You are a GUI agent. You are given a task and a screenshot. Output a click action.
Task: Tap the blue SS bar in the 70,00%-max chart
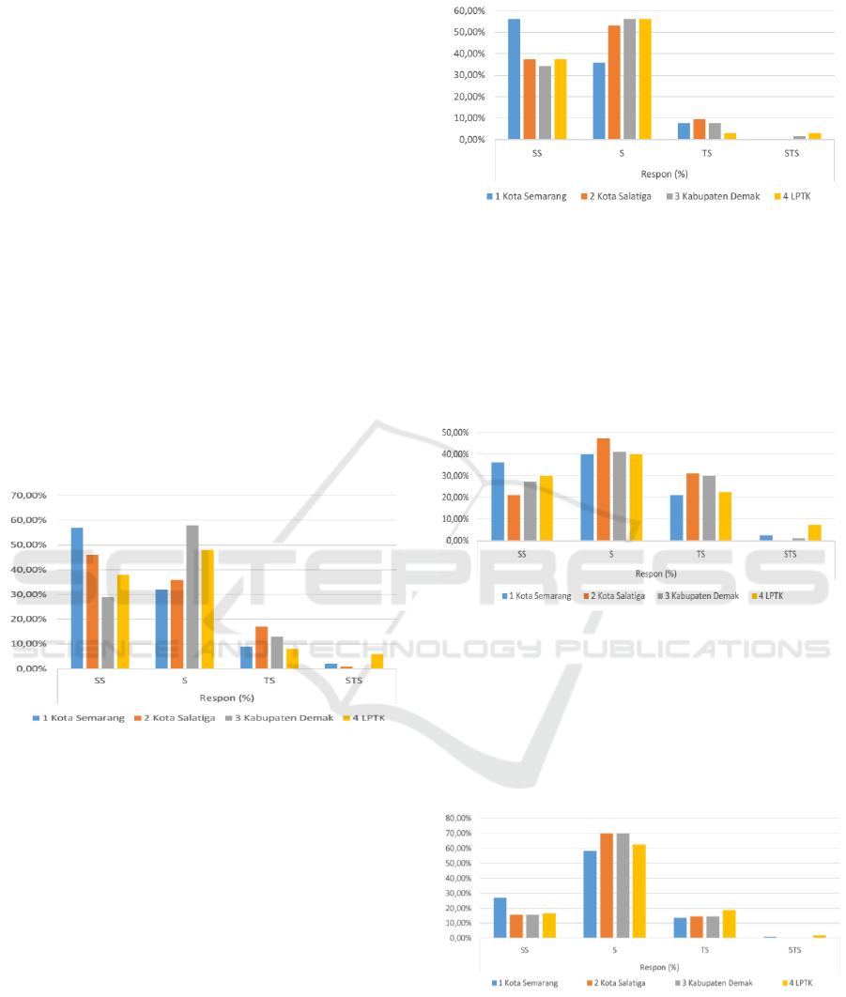[x=77, y=598]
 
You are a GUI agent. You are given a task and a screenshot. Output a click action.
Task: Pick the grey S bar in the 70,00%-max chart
[x=192, y=596]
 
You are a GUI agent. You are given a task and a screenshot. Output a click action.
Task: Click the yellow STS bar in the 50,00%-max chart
[x=814, y=532]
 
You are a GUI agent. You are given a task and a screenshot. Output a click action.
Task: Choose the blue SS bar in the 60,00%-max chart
[x=514, y=79]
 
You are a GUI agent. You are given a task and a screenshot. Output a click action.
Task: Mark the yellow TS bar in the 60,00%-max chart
[x=730, y=136]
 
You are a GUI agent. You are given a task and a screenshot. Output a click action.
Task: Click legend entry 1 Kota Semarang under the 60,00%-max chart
[x=527, y=196]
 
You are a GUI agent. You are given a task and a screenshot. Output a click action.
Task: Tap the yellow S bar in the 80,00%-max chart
[x=639, y=891]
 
